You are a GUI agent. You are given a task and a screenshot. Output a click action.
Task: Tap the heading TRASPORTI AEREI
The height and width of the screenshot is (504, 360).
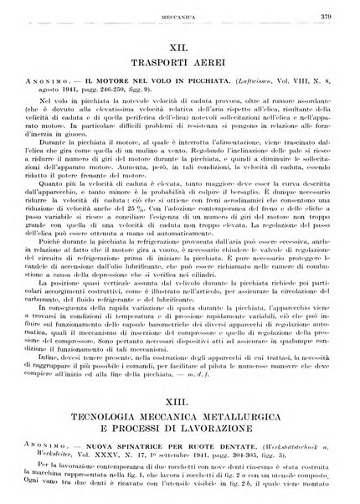pos(182,71)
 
